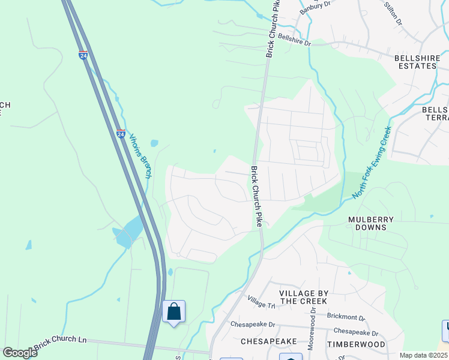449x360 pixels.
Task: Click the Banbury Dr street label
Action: tap(316, 5)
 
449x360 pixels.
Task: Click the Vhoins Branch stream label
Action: tap(140, 155)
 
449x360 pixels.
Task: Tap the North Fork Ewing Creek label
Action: tap(372, 162)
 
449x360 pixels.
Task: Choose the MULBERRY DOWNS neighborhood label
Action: tap(371, 224)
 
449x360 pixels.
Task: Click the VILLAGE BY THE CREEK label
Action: tap(303, 296)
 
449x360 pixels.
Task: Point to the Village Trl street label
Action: tap(261, 302)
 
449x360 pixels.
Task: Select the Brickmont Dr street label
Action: tap(346, 316)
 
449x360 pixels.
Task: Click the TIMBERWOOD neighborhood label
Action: tap(356, 344)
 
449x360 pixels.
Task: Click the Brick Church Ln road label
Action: tap(60, 340)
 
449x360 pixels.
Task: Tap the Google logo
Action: tap(20, 353)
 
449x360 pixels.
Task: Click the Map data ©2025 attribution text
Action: tap(423, 355)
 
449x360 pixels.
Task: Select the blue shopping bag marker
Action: tap(174, 312)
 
